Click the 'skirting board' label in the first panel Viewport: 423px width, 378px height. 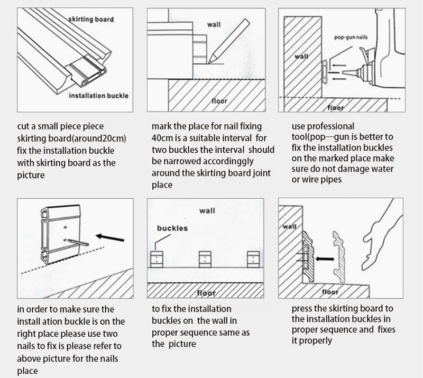pyautogui.click(x=90, y=20)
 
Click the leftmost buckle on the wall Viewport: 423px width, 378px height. pyautogui.click(x=157, y=258)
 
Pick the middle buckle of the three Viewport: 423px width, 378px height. pyautogui.click(x=204, y=258)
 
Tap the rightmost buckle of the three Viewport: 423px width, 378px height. pyautogui.click(x=253, y=258)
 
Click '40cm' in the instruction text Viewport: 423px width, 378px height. pyautogui.click(x=162, y=139)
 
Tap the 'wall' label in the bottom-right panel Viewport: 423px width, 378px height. pyautogui.click(x=290, y=227)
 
